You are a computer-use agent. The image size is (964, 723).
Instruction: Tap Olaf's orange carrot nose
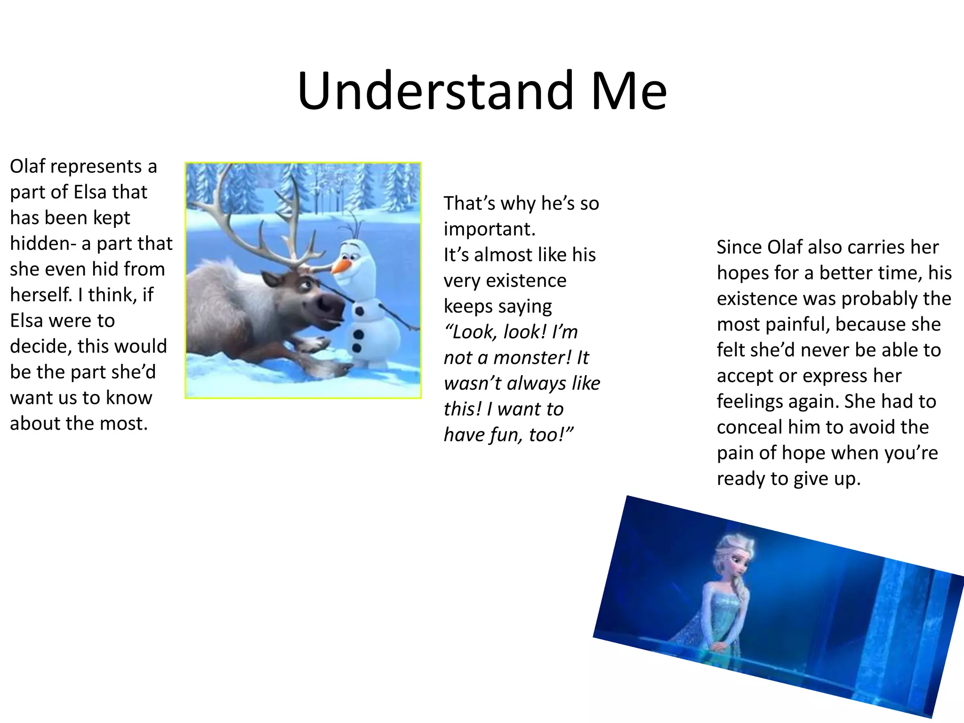tap(340, 267)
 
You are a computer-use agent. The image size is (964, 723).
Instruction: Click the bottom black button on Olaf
tap(356, 348)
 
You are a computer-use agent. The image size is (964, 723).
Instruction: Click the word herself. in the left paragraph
tap(41, 295)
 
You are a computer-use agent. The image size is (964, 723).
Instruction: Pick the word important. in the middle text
tap(490, 229)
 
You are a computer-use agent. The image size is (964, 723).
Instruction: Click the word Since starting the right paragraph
tap(739, 248)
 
